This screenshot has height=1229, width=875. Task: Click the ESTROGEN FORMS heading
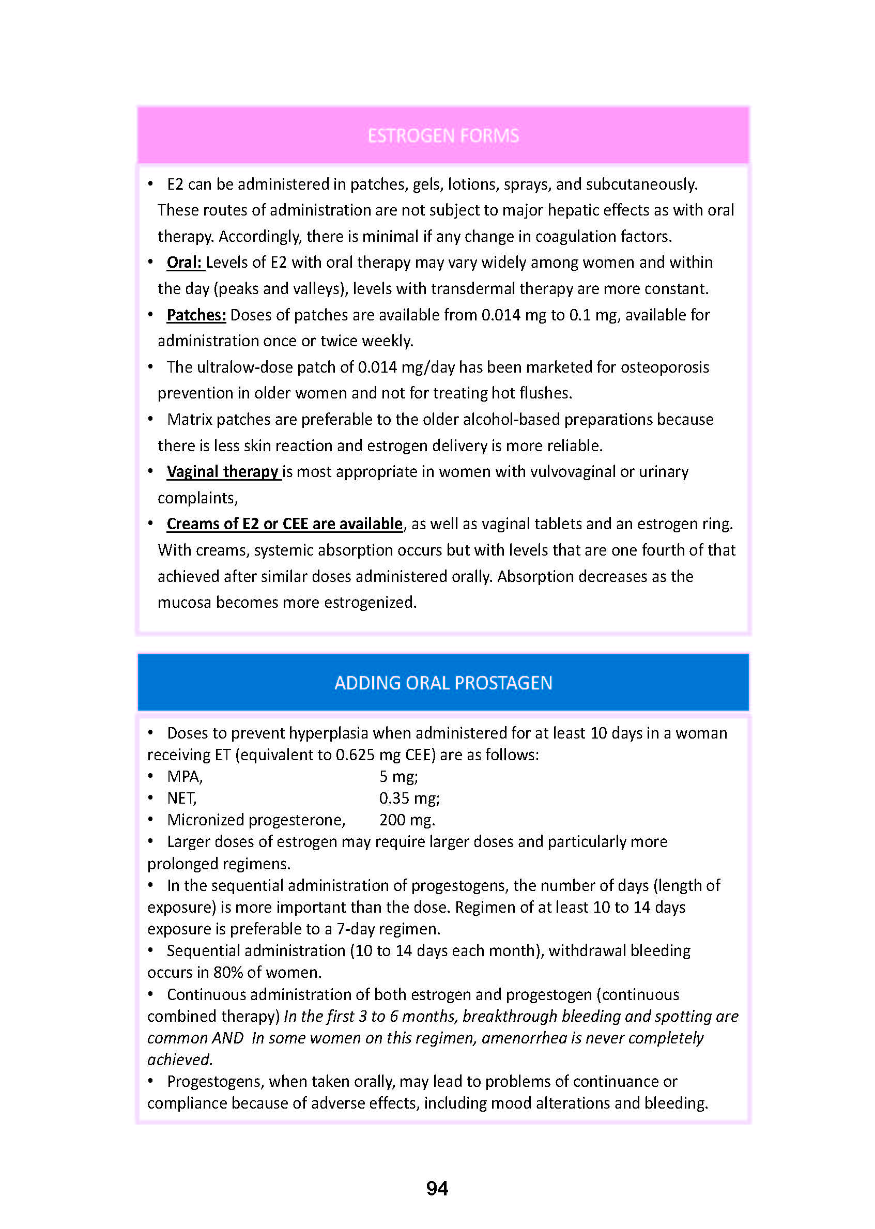click(x=443, y=135)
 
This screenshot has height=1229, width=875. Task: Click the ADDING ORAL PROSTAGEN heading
click(x=443, y=683)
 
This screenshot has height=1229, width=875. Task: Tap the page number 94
click(x=437, y=1188)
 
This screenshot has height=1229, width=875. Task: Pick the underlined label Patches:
click(x=196, y=315)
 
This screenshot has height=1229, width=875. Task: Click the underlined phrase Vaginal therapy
click(x=223, y=471)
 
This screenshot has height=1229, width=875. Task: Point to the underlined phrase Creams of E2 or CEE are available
click(x=284, y=524)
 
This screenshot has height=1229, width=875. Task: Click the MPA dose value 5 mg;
click(x=398, y=776)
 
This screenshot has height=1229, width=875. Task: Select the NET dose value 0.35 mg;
click(x=409, y=798)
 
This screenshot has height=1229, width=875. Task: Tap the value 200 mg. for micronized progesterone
click(x=407, y=820)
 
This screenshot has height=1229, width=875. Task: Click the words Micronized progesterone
click(x=256, y=820)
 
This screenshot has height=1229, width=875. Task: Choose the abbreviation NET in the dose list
click(x=181, y=798)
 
